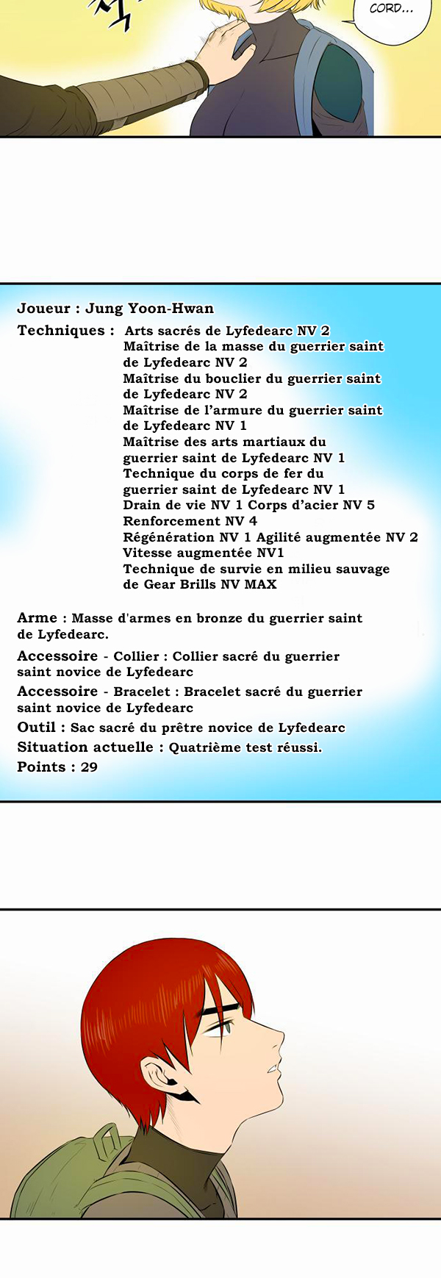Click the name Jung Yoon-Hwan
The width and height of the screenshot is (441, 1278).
(x=149, y=309)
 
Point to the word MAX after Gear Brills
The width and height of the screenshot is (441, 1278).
(x=260, y=585)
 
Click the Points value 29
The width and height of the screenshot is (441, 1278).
(x=89, y=767)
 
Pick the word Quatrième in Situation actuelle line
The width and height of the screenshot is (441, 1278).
(x=205, y=748)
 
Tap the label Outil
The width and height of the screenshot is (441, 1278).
(x=37, y=728)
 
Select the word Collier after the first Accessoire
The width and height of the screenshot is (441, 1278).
(x=136, y=656)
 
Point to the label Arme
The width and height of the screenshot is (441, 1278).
(x=37, y=618)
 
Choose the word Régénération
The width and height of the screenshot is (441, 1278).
(x=168, y=537)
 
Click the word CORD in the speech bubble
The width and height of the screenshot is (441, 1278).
(x=386, y=9)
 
